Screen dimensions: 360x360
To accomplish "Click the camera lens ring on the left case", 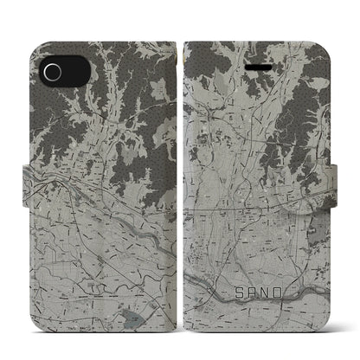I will (x=52, y=71).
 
